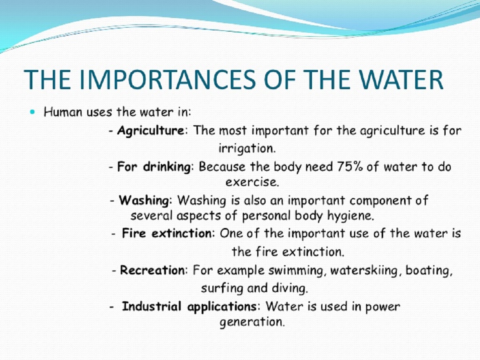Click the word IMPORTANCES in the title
click(167, 80)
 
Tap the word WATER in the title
click(401, 80)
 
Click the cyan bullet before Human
click(32, 112)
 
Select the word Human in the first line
click(63, 112)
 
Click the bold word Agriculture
click(151, 131)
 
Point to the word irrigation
click(247, 148)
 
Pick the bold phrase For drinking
click(154, 167)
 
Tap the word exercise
click(252, 182)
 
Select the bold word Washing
click(144, 201)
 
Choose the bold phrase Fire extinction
click(167, 233)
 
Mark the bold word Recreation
click(153, 270)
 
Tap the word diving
click(290, 288)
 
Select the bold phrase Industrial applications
click(189, 307)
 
